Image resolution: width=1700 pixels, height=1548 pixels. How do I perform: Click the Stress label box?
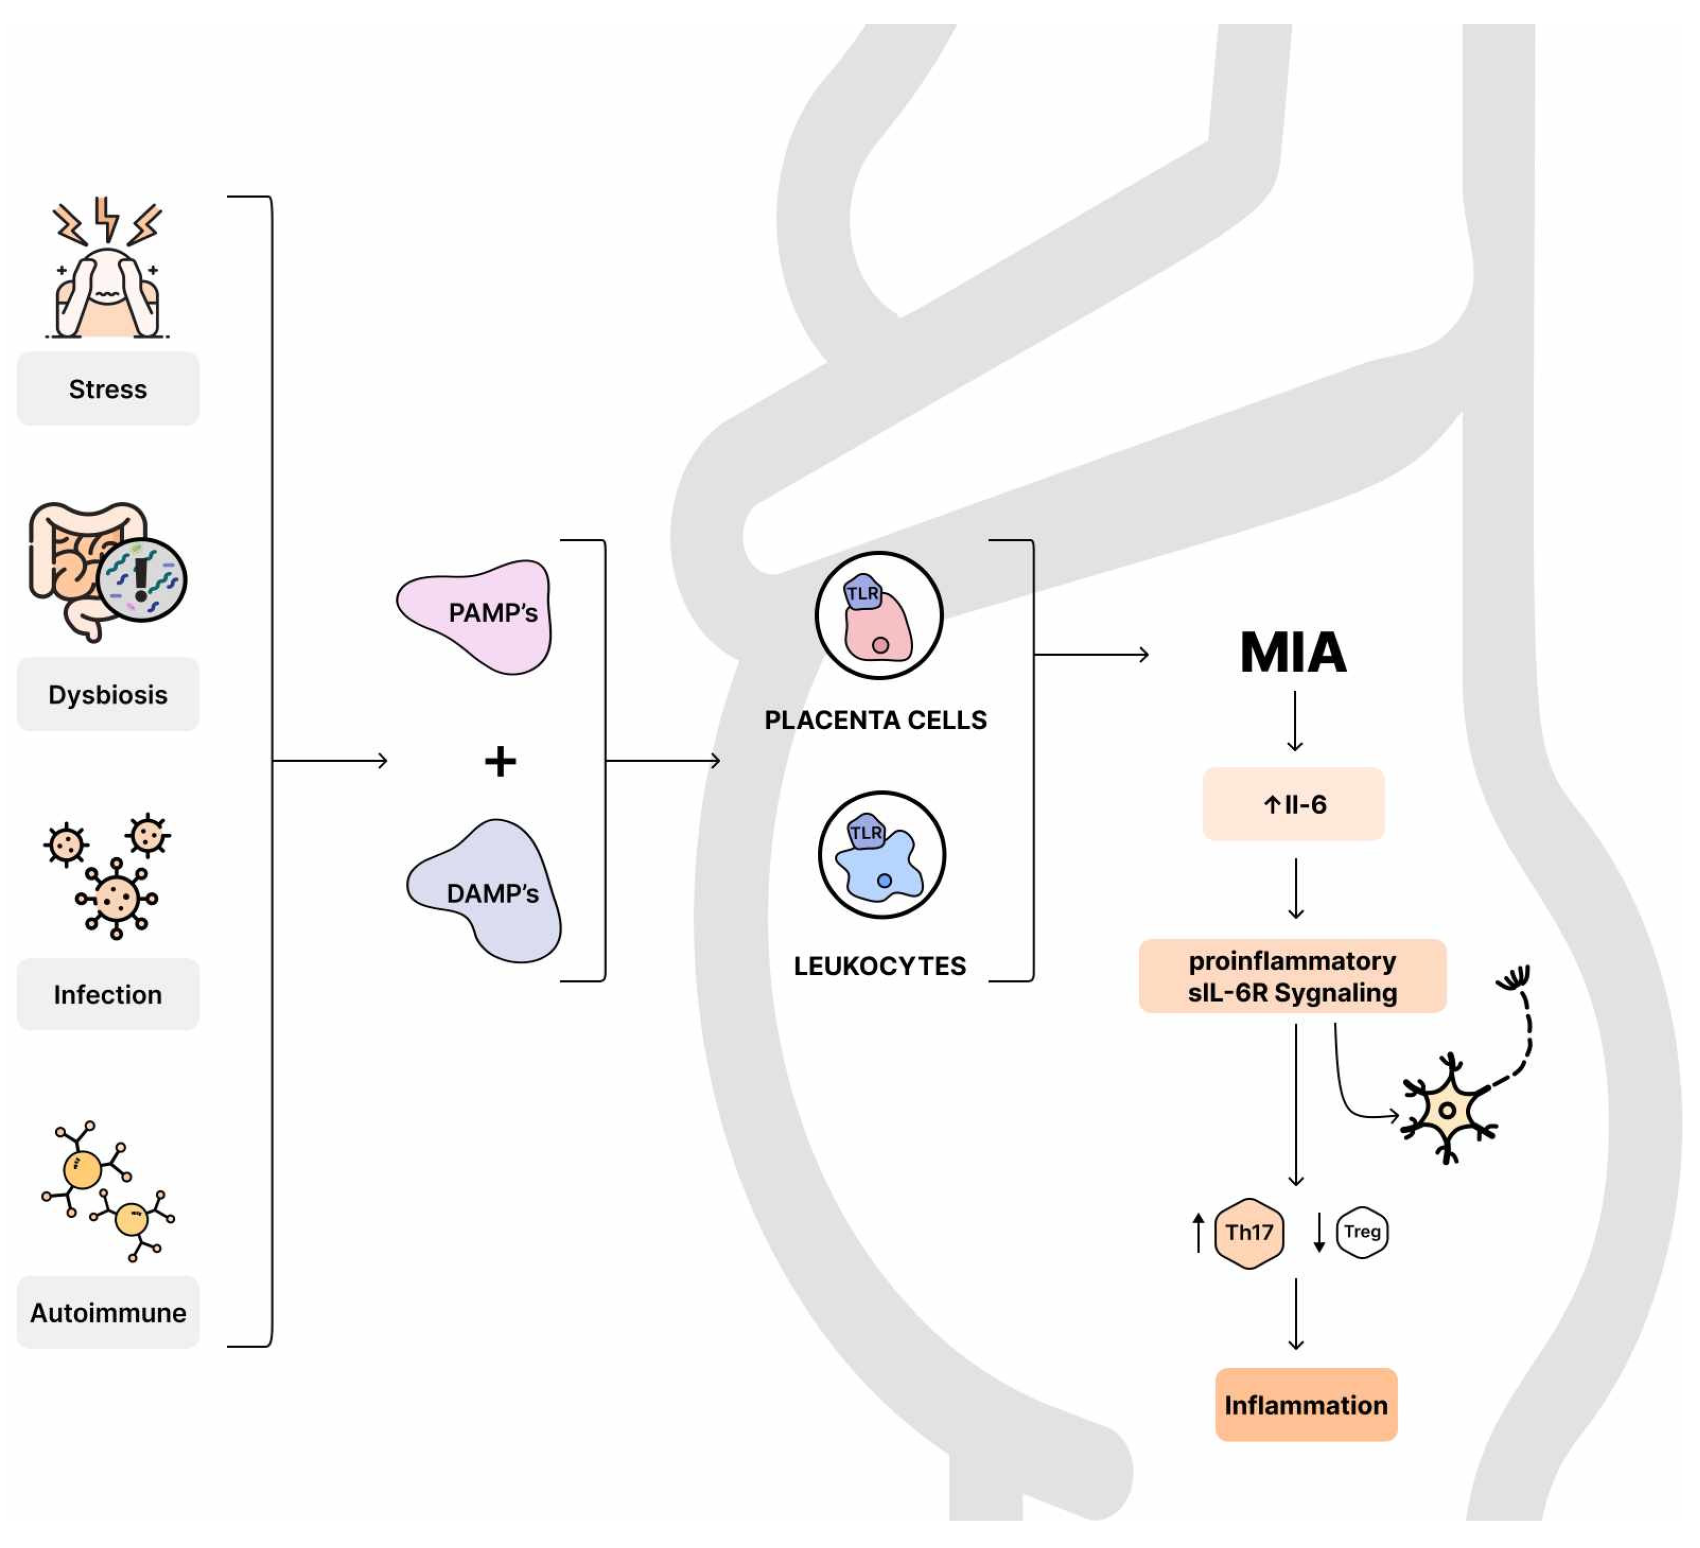pos(108,389)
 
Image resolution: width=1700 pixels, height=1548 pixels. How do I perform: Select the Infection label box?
pos(108,994)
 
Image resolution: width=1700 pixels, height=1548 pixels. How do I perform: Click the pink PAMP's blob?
pos(476,615)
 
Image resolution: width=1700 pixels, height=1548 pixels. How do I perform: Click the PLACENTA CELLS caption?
pos(876,719)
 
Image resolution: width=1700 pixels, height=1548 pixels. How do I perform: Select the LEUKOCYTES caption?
pos(880,966)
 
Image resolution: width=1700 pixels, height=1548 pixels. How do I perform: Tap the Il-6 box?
pos(1293,804)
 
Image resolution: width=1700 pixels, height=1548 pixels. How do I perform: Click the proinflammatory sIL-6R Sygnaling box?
pos(1293,975)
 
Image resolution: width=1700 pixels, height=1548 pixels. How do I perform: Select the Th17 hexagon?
pos(1249,1233)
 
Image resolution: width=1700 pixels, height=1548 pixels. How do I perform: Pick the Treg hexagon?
pos(1362,1232)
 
